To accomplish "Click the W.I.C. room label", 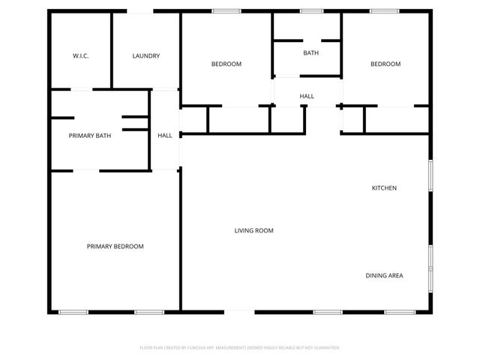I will pyautogui.click(x=81, y=56).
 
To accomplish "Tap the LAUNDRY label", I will pyautogui.click(x=145, y=56).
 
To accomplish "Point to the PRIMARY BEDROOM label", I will pyautogui.click(x=115, y=246).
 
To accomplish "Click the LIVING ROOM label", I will pyautogui.click(x=253, y=231).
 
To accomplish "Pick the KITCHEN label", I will pyautogui.click(x=385, y=187).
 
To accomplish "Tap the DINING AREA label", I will pyautogui.click(x=384, y=275).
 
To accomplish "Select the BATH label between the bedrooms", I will pyautogui.click(x=310, y=52).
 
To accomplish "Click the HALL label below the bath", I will pyautogui.click(x=307, y=96).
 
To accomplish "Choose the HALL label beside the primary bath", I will pyautogui.click(x=165, y=136).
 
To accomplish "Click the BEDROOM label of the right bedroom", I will pyautogui.click(x=385, y=64).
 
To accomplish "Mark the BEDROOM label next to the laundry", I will pyautogui.click(x=226, y=64).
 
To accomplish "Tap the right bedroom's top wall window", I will pyautogui.click(x=384, y=11).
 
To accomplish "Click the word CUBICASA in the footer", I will pyautogui.click(x=193, y=348).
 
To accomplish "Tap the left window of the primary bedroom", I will pyautogui.click(x=73, y=311).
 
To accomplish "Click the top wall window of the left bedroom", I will pyautogui.click(x=226, y=11).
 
